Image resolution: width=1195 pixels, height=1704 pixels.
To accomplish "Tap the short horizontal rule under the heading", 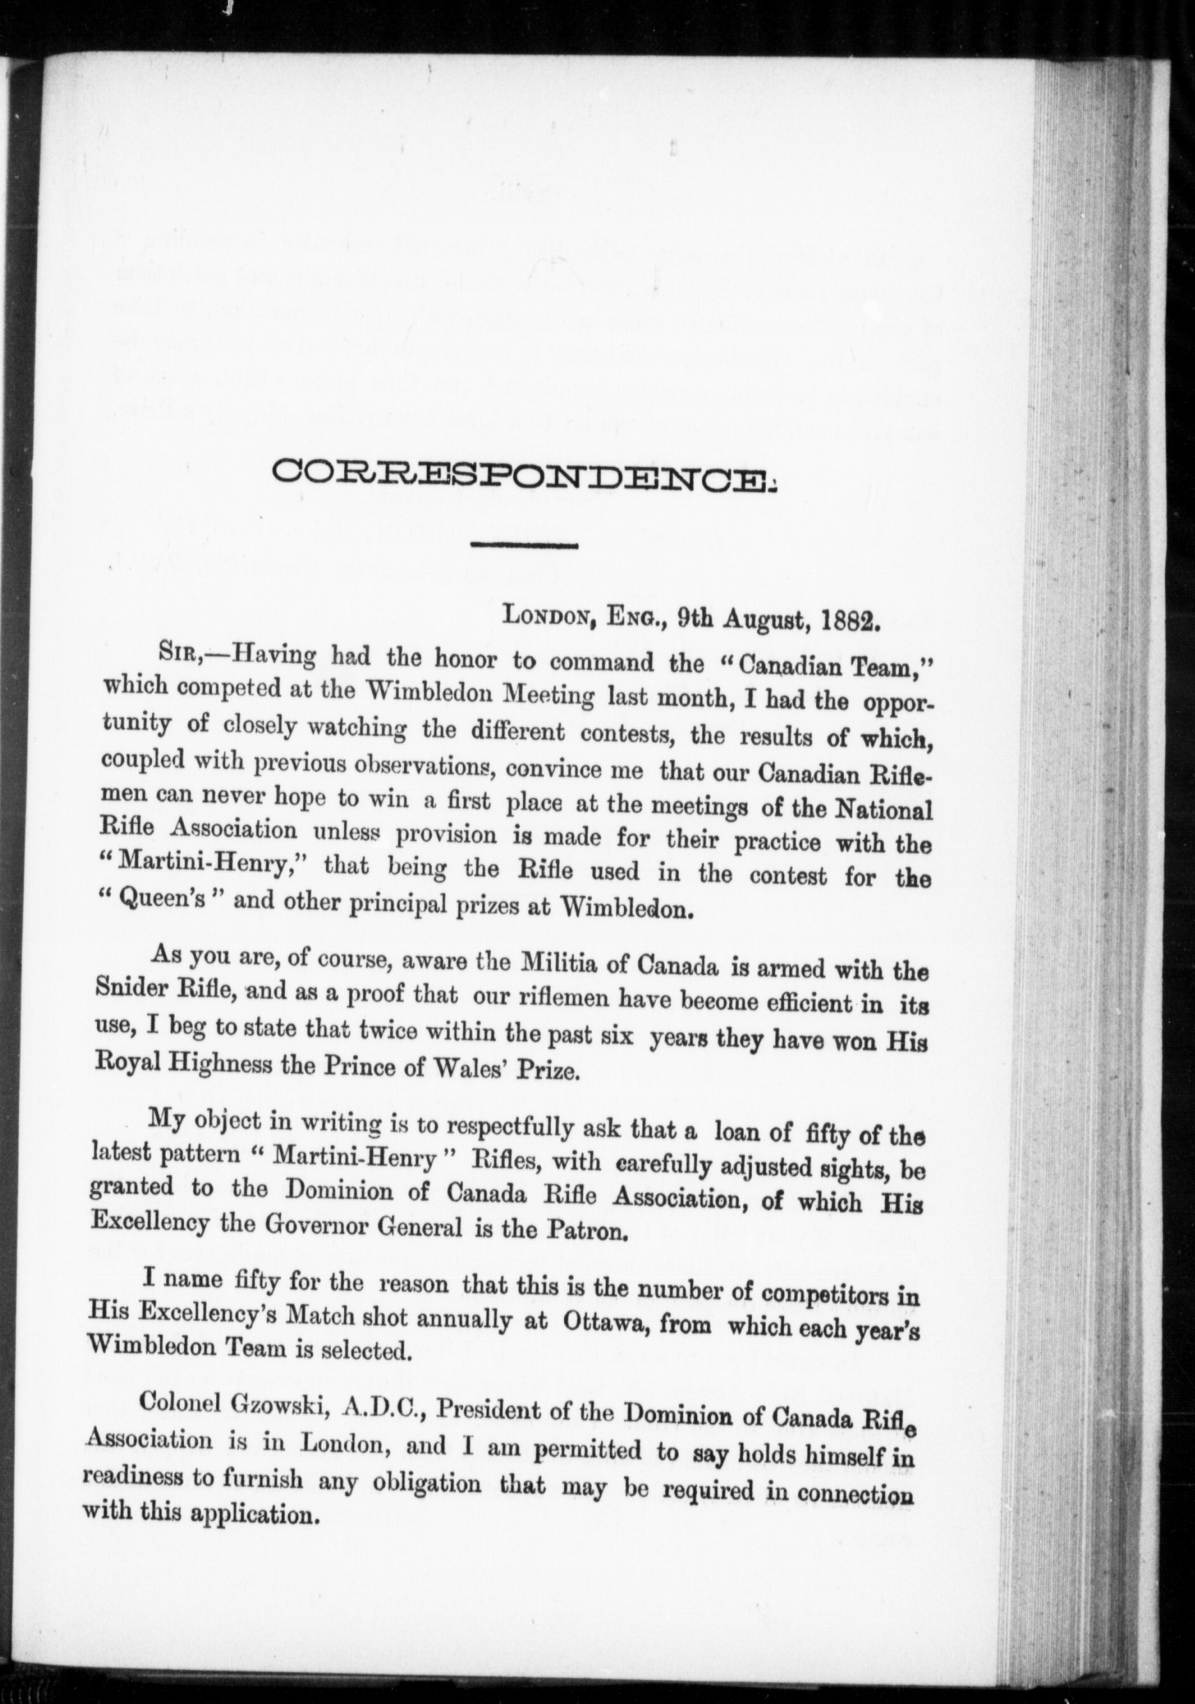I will pyautogui.click(x=526, y=548).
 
